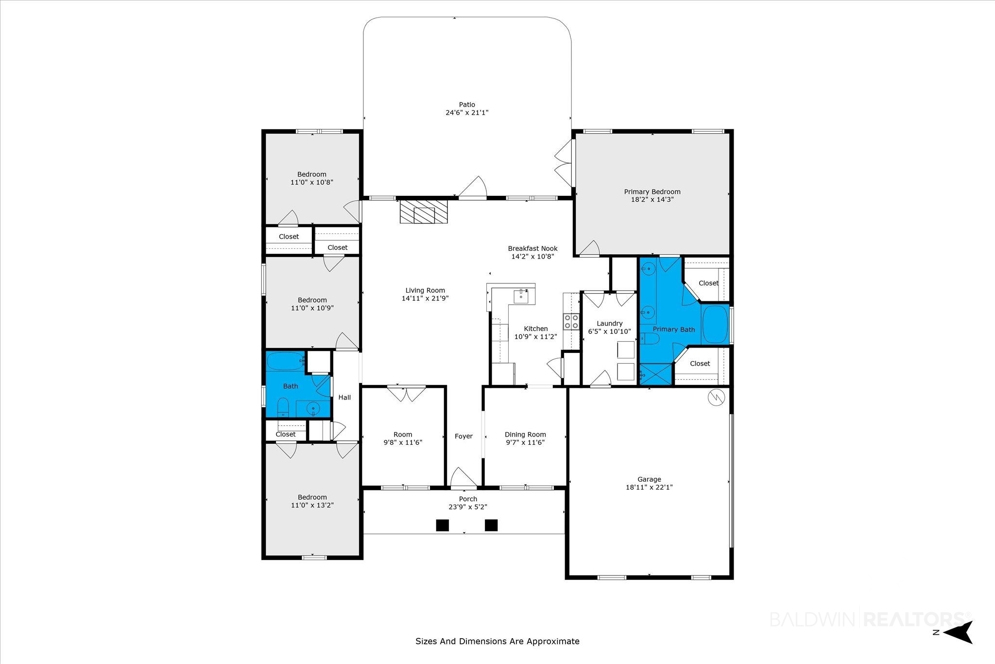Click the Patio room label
coord(467,105)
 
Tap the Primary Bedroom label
coord(652,192)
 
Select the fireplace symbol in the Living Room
coord(424,211)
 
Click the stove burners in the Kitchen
coord(571,321)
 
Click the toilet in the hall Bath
coord(283,407)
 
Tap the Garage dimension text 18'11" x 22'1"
coord(649,487)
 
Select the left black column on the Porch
coord(442,525)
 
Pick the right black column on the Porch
coord(491,525)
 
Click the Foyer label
coord(463,436)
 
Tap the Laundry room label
coord(609,323)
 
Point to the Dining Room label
coord(525,435)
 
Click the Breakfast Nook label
coord(532,248)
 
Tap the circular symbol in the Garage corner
coord(716,398)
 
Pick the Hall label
coord(344,397)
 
